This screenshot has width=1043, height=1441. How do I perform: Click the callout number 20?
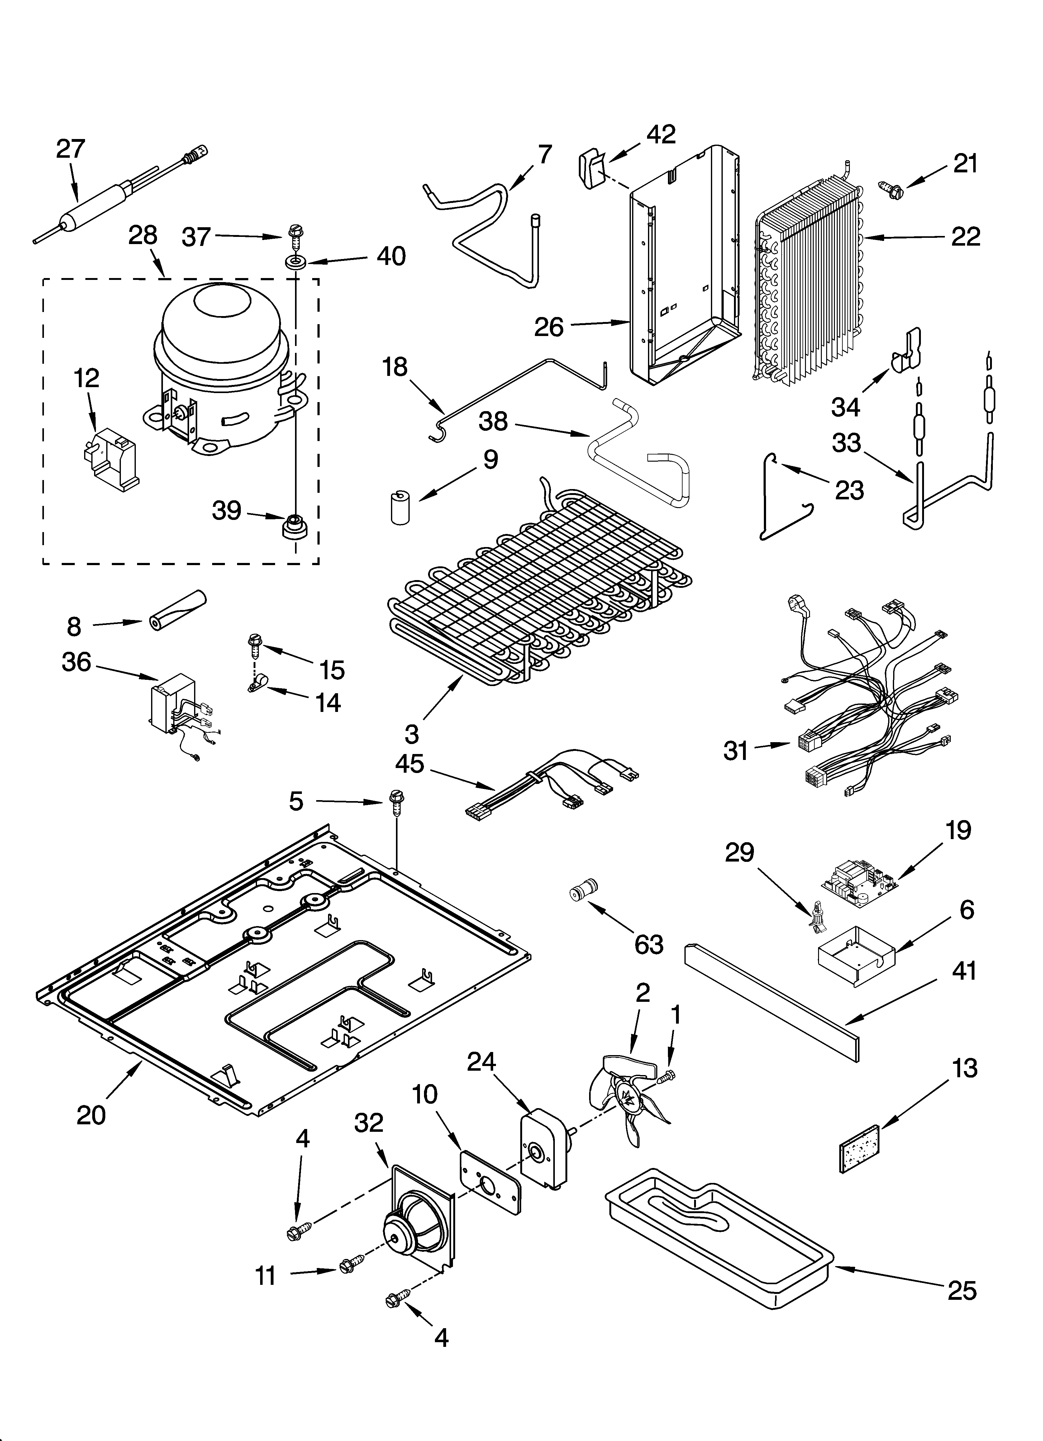pyautogui.click(x=91, y=1115)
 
